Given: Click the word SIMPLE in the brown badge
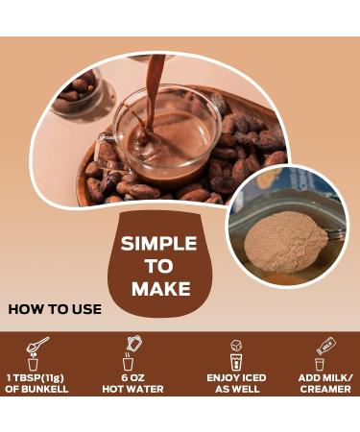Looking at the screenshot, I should point(158,243).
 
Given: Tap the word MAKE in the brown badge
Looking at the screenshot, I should point(158,289).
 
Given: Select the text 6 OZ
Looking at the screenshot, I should point(134,378).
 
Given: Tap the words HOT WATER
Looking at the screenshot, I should point(134,389).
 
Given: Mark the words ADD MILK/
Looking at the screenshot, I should point(326,378).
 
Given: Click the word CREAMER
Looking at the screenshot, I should point(326,389).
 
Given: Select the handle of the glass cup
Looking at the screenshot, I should point(109,144).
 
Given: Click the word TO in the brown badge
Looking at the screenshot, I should point(158,266).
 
